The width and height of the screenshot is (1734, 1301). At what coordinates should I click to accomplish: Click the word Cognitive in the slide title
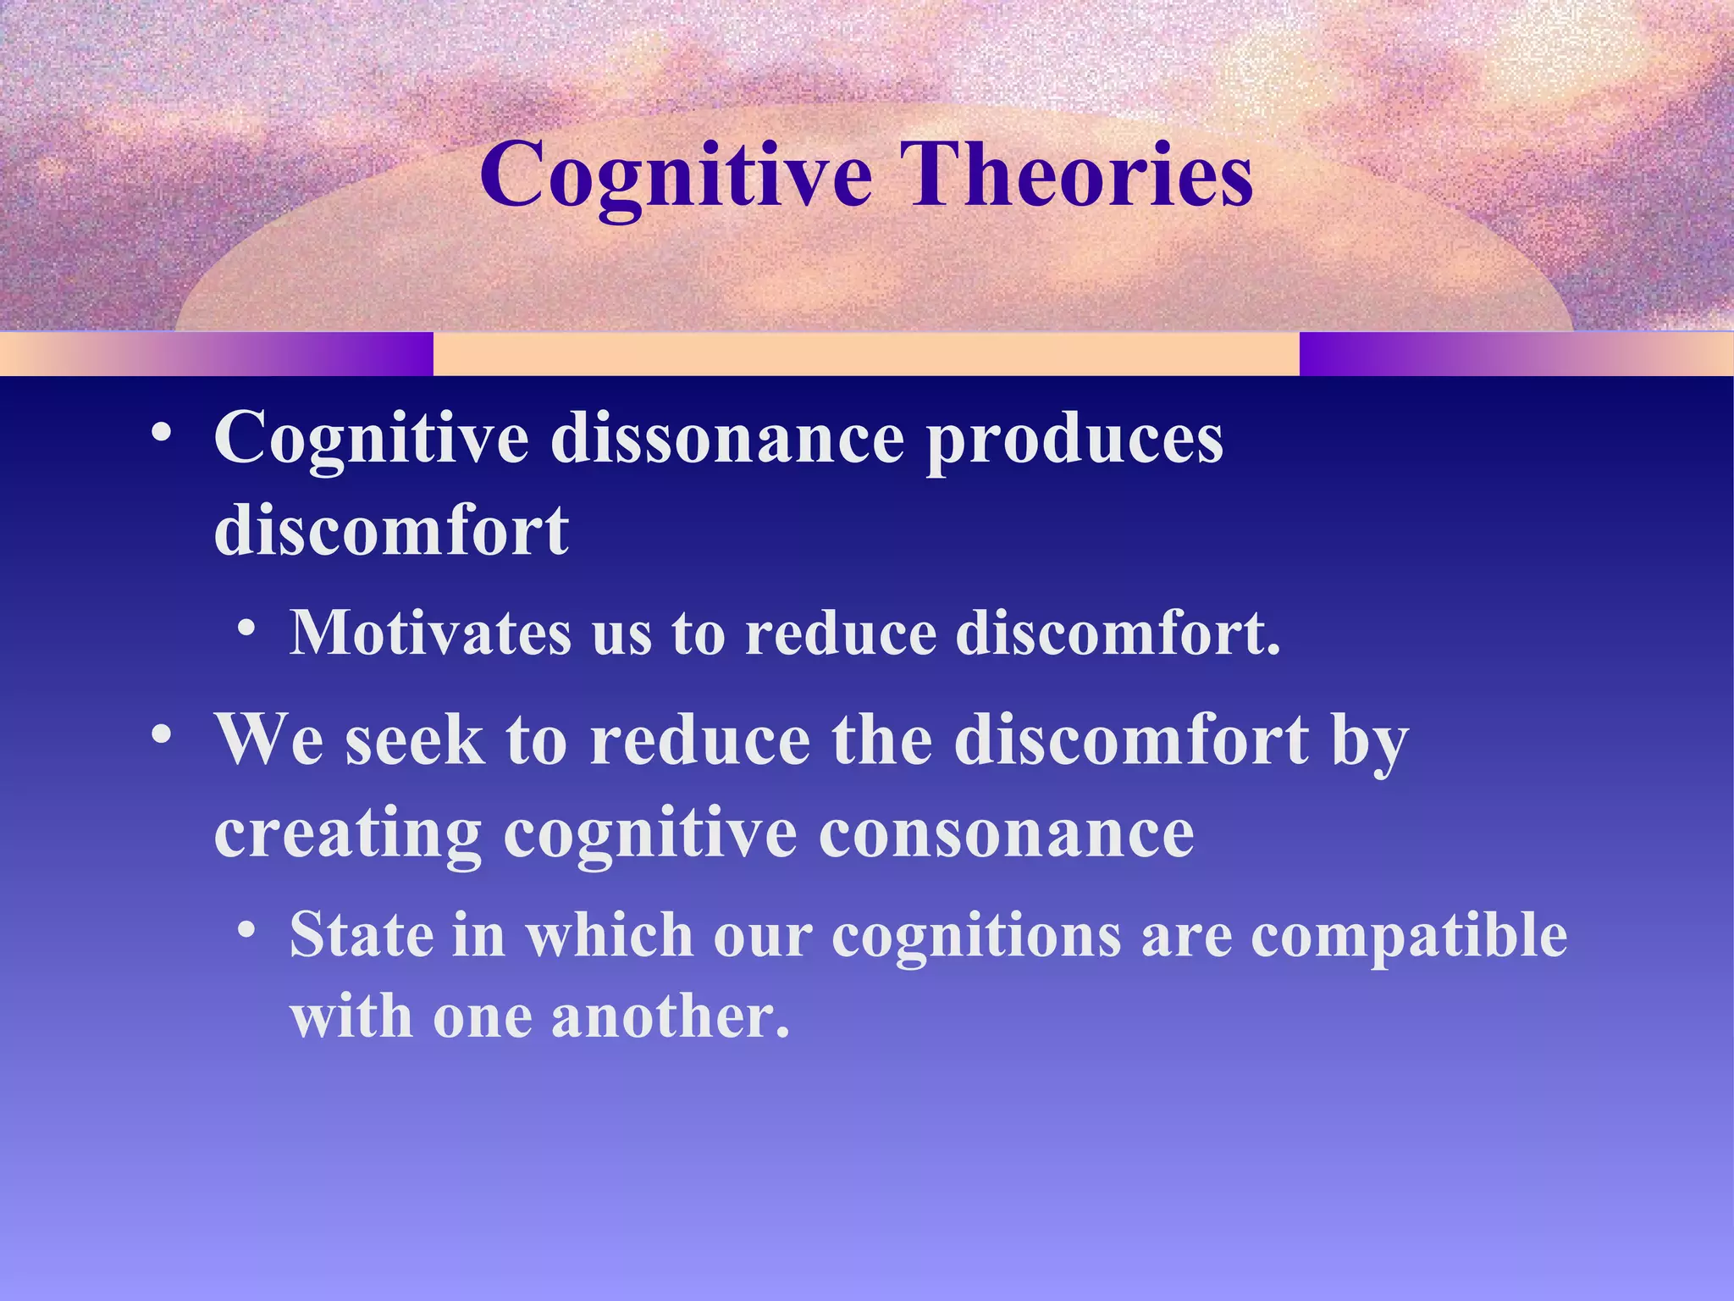tap(675, 175)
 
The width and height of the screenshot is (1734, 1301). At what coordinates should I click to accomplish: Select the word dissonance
tap(727, 439)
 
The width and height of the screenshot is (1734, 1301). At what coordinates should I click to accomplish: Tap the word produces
tap(1074, 439)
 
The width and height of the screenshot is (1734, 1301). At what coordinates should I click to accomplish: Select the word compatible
tap(1409, 935)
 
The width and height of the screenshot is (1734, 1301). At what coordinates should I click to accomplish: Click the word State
tap(361, 935)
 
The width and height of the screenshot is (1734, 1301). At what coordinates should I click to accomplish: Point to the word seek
tap(415, 739)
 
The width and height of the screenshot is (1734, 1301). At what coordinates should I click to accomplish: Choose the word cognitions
tap(976, 935)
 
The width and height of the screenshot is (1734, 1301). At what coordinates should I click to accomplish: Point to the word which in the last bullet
tap(609, 935)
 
